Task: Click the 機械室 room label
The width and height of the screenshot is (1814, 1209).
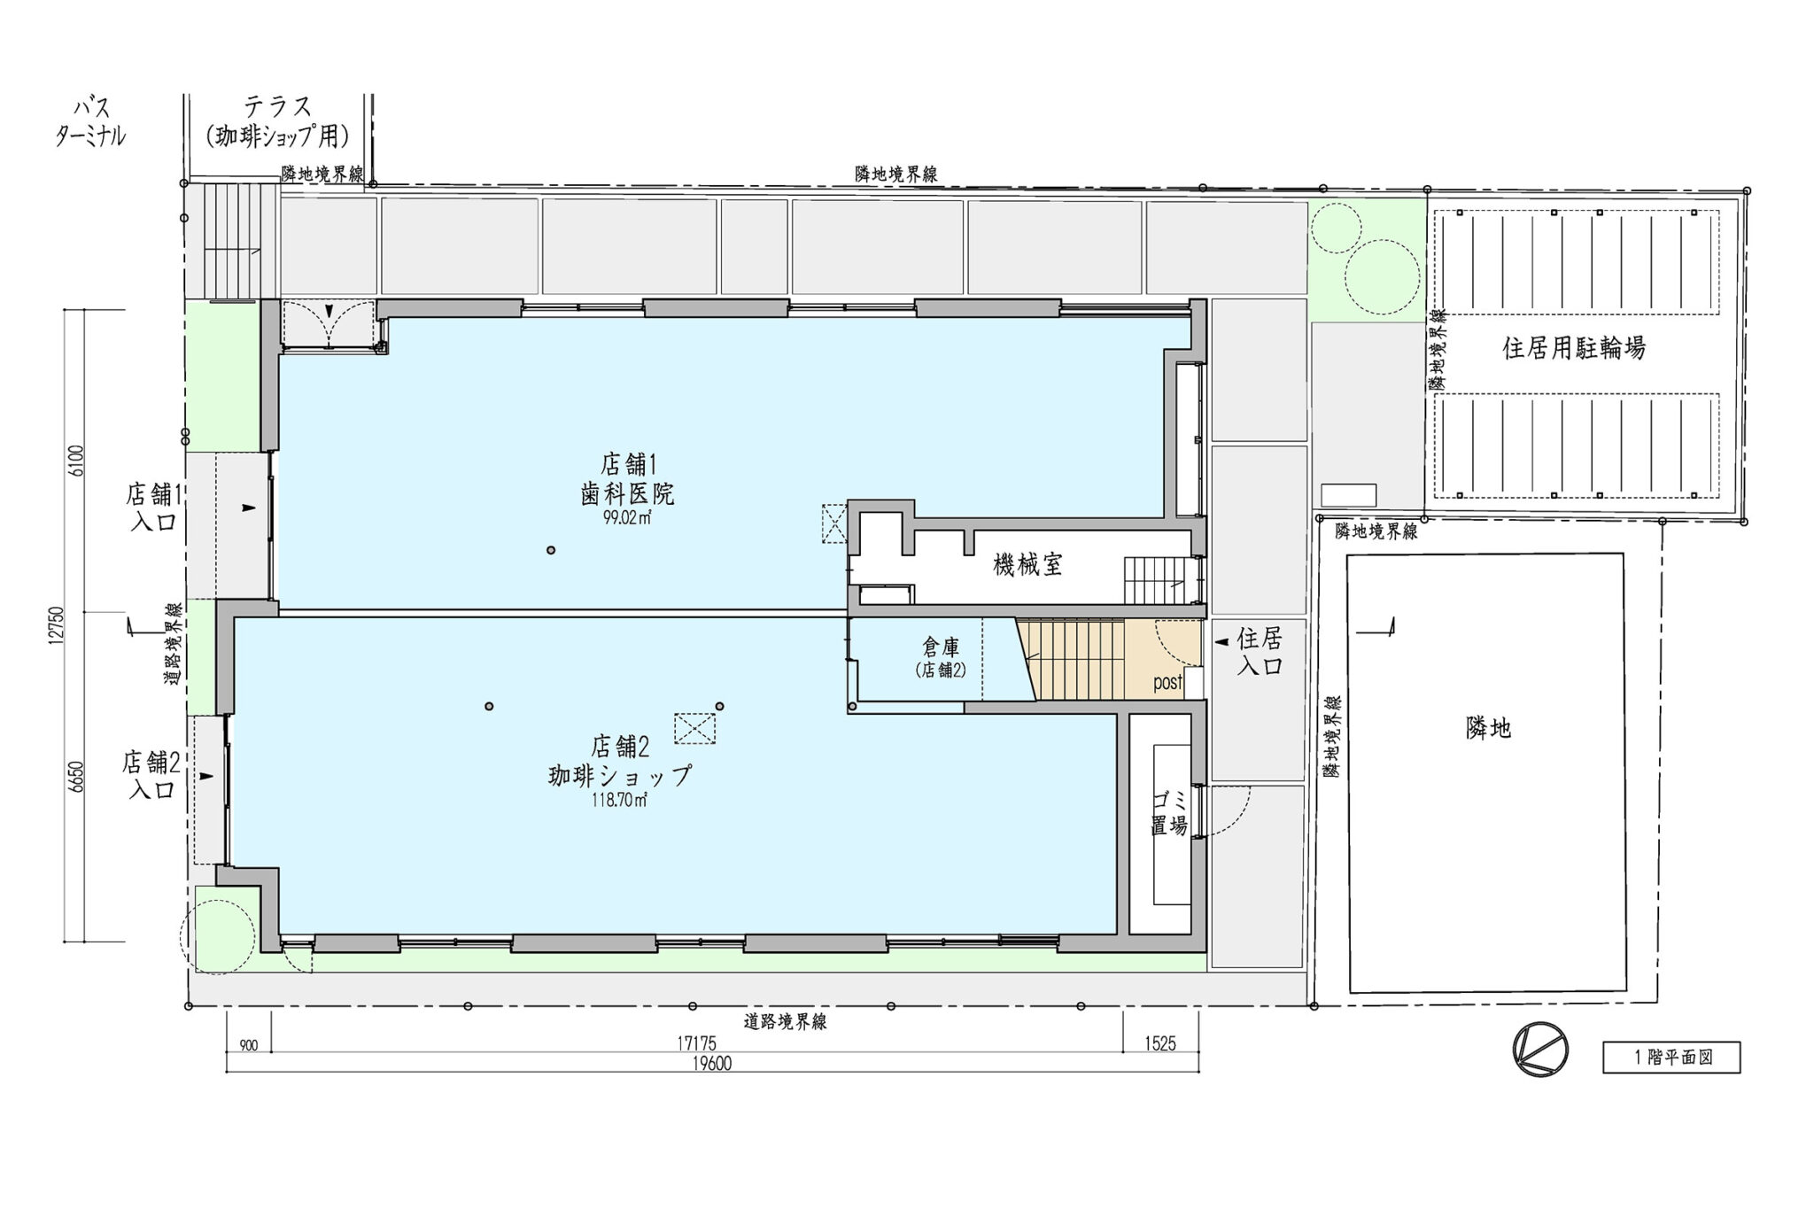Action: [1027, 564]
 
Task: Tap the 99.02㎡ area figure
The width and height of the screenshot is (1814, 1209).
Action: [626, 519]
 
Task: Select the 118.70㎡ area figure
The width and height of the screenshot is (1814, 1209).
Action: [619, 801]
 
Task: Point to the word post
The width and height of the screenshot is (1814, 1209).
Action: [1167, 683]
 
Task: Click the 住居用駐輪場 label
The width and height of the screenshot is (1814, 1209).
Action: [1573, 348]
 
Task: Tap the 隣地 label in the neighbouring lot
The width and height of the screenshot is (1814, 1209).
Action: [1488, 728]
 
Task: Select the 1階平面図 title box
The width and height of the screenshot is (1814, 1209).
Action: [1671, 1058]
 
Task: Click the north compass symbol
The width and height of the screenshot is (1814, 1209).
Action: [1541, 1050]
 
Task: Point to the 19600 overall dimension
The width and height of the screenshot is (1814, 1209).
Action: [711, 1064]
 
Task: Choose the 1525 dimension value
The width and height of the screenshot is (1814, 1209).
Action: [1159, 1044]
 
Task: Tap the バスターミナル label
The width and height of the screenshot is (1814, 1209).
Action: [90, 122]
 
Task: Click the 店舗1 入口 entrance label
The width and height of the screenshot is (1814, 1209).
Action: [153, 507]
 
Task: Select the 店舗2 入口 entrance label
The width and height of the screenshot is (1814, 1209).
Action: [151, 774]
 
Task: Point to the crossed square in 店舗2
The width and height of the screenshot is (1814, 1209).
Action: [694, 729]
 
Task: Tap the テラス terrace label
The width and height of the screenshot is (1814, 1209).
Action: [277, 107]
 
